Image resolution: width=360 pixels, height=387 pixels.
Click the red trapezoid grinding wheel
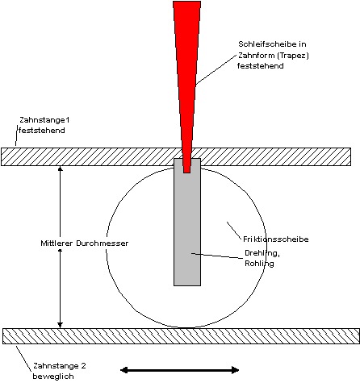(186, 81)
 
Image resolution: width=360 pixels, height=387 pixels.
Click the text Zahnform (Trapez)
(274, 56)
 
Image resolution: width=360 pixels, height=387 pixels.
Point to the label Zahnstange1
(44, 120)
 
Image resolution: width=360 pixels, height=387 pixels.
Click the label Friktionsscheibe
(276, 239)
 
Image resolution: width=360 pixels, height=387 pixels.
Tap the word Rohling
(259, 264)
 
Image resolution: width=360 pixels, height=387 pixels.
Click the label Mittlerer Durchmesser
(85, 243)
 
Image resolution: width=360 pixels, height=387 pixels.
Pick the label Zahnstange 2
(60, 366)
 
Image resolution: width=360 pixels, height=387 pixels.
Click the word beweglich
(53, 377)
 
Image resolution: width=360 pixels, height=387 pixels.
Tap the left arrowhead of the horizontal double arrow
(123, 370)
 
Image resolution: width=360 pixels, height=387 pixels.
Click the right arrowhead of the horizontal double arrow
(236, 370)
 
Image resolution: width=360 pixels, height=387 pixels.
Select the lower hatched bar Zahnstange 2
(181, 336)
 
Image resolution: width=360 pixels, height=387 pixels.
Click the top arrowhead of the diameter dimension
(60, 169)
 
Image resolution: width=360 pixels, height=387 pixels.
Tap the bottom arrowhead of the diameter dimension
(60, 325)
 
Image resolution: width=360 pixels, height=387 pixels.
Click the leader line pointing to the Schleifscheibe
(216, 70)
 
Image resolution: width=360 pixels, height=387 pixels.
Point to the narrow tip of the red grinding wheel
(187, 172)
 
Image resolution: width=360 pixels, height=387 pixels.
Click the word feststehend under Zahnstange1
(42, 131)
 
